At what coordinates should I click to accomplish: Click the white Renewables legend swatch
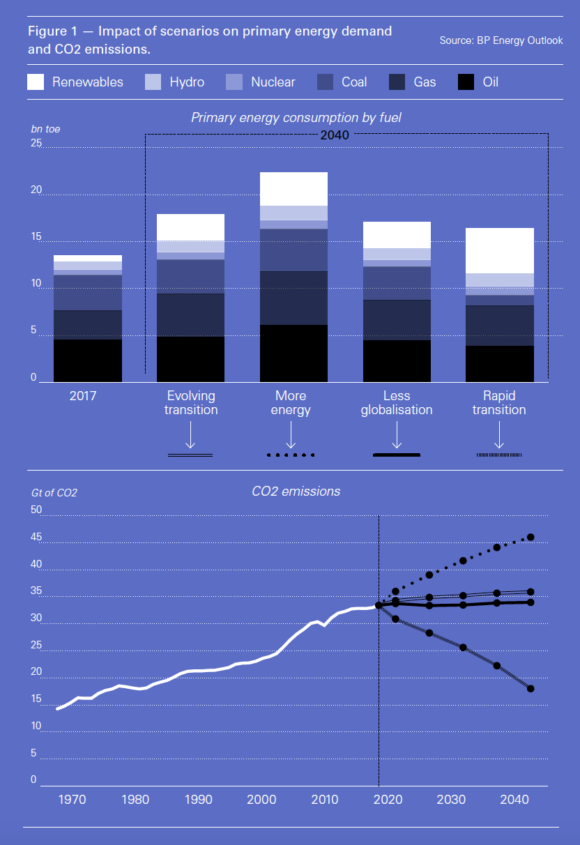tap(36, 82)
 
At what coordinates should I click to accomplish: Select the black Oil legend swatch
tap(466, 82)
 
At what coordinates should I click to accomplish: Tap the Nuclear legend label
tap(273, 82)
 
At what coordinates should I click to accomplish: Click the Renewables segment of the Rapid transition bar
tap(499, 250)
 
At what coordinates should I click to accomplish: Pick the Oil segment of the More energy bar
tap(293, 353)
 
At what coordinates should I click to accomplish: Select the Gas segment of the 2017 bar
tap(88, 324)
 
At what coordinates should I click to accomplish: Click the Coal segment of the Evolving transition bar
tap(190, 276)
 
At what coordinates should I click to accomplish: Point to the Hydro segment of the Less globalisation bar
tap(397, 254)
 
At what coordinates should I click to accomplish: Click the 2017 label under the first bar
tap(83, 396)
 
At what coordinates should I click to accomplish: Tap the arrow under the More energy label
tap(291, 438)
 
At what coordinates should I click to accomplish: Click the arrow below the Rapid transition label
tap(499, 438)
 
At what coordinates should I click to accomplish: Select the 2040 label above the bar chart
tap(335, 135)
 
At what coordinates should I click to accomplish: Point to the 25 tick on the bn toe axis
tap(36, 144)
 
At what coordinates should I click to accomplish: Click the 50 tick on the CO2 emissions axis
tap(36, 510)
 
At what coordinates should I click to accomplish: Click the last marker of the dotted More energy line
tap(531, 537)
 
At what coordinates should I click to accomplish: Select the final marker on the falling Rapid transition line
tap(531, 689)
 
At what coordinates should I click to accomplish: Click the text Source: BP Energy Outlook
tap(501, 40)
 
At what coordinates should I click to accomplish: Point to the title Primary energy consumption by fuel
tap(296, 118)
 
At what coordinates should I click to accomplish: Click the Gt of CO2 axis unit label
tap(54, 493)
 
